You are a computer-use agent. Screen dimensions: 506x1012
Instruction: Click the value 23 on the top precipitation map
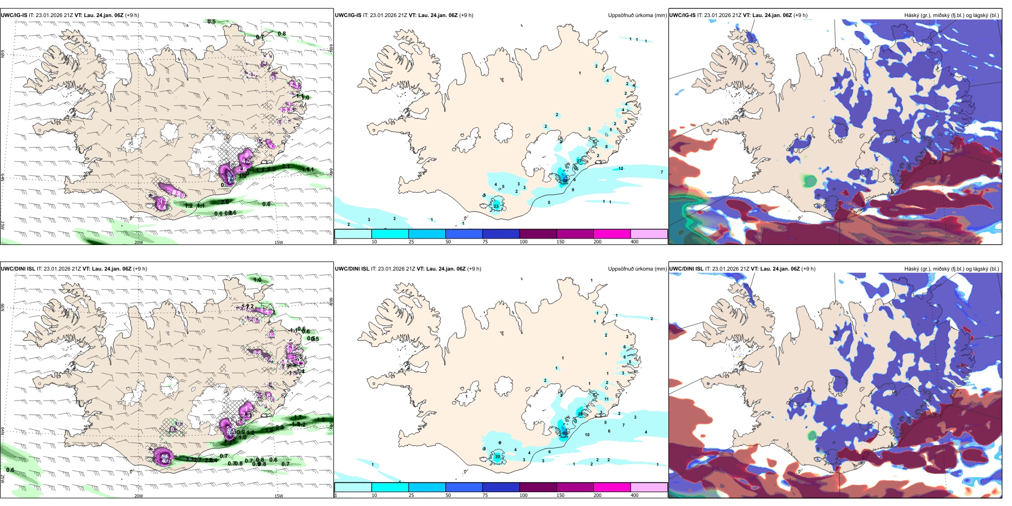tap(496, 206)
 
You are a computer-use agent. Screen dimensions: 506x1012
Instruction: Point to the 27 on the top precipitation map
tap(579, 161)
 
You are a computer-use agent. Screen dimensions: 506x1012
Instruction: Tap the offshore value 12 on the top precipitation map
tap(621, 168)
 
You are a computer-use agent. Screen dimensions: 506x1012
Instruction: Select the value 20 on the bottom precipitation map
tap(497, 456)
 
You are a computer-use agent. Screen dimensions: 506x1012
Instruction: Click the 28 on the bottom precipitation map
tap(580, 414)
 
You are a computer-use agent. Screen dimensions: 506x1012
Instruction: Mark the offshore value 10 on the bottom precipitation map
tap(587, 435)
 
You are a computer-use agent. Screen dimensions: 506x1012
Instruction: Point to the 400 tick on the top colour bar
tap(634, 242)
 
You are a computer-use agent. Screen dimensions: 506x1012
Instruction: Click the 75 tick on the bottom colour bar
tap(485, 495)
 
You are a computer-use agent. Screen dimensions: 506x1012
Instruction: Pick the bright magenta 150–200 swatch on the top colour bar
tap(612, 234)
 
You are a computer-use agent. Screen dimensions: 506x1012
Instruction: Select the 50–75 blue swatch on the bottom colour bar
tap(463, 487)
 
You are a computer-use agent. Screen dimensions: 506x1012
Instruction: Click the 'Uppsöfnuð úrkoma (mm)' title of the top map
tap(637, 15)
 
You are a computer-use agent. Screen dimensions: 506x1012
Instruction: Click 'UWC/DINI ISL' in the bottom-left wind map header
tap(18, 269)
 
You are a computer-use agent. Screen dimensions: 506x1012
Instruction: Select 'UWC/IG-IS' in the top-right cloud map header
tap(682, 15)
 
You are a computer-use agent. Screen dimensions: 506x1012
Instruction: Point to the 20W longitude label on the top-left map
tap(138, 242)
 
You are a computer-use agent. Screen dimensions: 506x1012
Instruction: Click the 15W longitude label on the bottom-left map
tap(279, 496)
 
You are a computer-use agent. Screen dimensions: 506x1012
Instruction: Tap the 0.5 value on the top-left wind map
tap(211, 22)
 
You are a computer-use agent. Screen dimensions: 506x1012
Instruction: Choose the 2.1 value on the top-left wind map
tap(285, 167)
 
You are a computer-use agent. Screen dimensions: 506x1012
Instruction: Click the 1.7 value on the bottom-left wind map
tap(297, 418)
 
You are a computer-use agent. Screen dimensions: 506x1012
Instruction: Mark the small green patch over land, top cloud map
tap(810, 181)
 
